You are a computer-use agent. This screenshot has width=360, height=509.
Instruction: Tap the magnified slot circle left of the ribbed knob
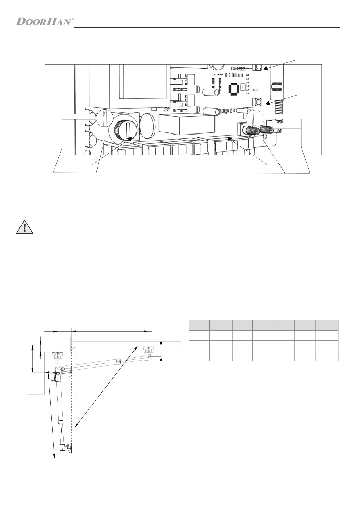(x=105, y=118)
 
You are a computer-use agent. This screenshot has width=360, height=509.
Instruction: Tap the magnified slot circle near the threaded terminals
(x=255, y=118)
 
